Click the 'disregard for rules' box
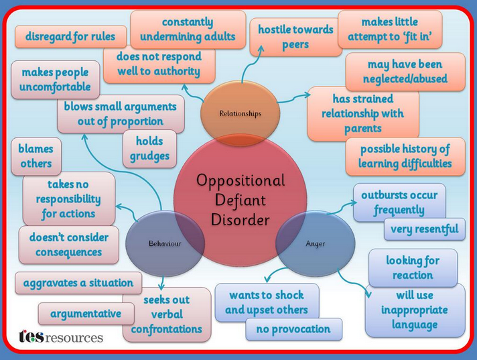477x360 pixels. coord(70,37)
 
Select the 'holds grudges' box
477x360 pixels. coord(149,149)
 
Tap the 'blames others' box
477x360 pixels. coord(36,156)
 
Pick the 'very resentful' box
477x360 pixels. coord(424,229)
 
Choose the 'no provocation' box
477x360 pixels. coord(293,329)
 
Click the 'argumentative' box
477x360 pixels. coord(86,314)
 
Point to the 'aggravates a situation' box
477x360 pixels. coord(78,283)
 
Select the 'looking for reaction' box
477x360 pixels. coord(413,267)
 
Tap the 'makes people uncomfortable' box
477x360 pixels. coord(56,80)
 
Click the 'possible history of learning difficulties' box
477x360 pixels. coord(405,156)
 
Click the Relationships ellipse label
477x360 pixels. coord(241,113)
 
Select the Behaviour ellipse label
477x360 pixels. coord(165,243)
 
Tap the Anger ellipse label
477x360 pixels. coord(316,244)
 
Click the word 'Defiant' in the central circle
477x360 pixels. coord(241,200)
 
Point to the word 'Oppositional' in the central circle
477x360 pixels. coord(241,180)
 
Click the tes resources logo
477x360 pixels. coord(61,337)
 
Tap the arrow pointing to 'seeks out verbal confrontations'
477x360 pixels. coord(162,283)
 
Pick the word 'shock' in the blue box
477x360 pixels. coord(288,295)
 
